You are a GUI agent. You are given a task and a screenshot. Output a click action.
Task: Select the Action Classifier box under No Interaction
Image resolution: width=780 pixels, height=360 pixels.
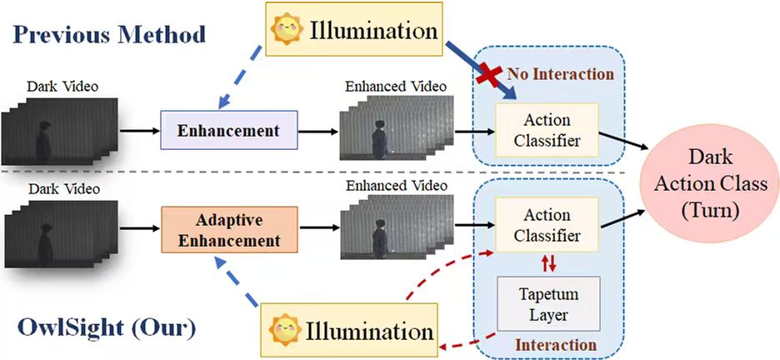(547, 129)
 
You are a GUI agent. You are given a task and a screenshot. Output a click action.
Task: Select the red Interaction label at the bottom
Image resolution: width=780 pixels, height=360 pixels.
(556, 344)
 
